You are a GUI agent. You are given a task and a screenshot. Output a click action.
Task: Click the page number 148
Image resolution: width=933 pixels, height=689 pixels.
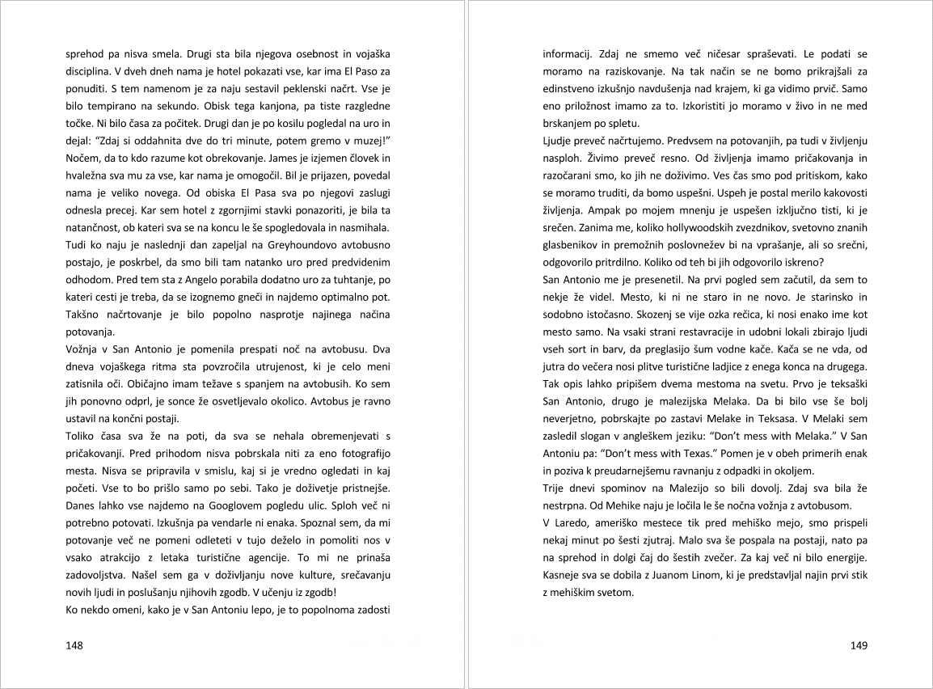point(74,645)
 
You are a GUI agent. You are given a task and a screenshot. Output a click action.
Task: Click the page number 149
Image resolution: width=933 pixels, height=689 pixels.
point(859,645)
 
